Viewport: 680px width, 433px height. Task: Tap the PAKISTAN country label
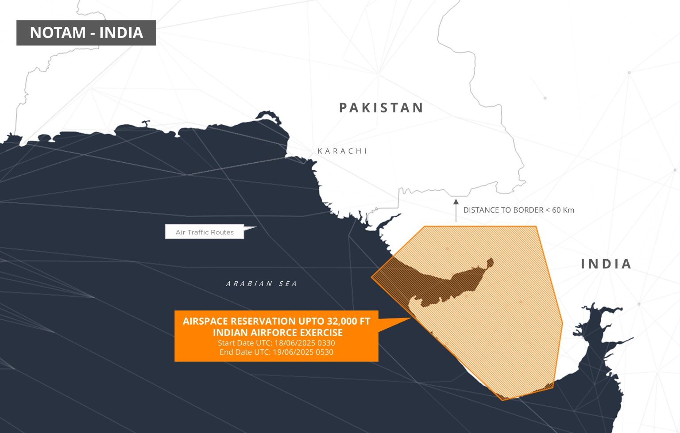381,108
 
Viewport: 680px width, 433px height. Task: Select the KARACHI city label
343,151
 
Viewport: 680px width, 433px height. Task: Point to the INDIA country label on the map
606,264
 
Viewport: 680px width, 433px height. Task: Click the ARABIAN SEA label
261,284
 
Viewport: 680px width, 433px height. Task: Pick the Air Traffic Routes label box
205,232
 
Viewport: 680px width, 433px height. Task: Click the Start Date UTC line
276,343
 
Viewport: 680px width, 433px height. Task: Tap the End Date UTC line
276,352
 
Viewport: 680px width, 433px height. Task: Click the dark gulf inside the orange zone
443,283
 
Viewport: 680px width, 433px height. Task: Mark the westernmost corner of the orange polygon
372,277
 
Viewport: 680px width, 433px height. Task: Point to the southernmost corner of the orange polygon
503,400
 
